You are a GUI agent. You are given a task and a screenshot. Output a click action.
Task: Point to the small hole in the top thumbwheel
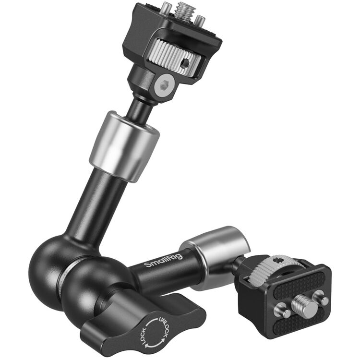click(185, 63)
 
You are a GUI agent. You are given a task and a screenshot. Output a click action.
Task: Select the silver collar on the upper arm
click(124, 145)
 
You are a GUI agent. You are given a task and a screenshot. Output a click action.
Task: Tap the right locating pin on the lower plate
click(324, 300)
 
